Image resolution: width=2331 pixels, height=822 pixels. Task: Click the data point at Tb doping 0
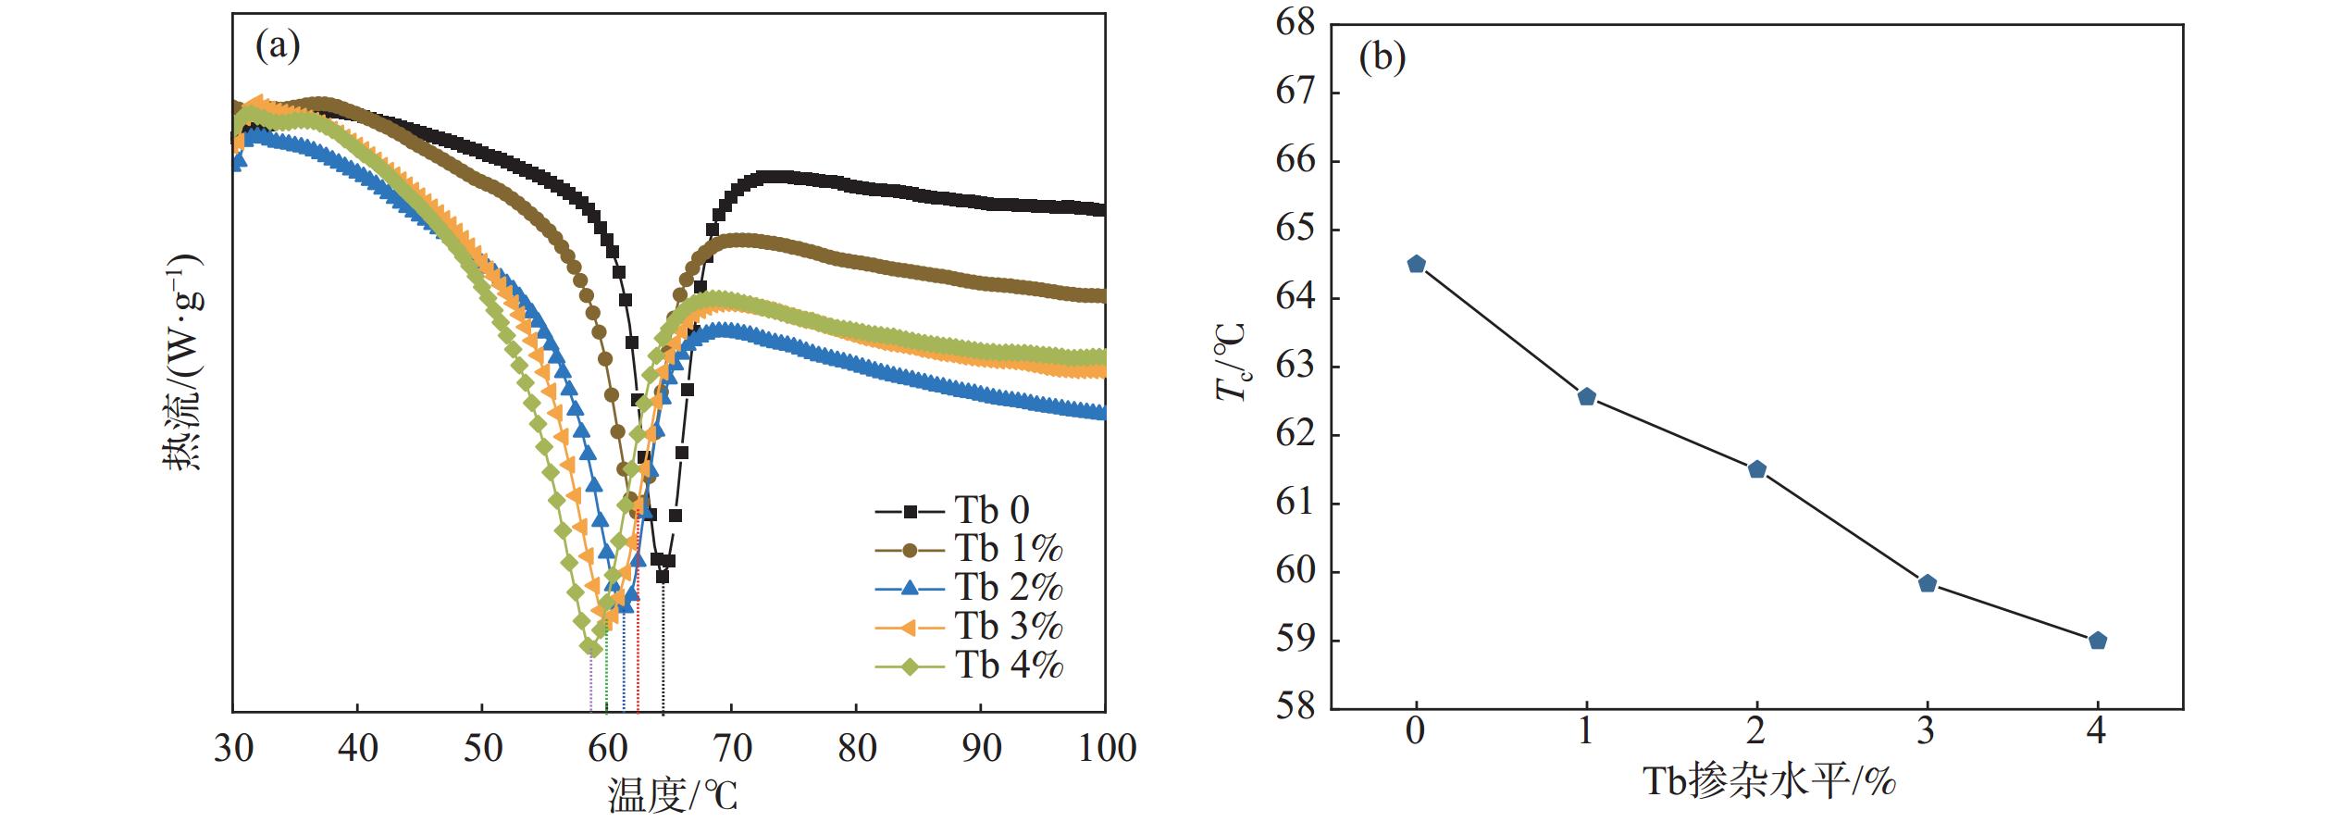(1416, 265)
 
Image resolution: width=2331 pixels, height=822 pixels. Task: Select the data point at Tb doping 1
(1586, 397)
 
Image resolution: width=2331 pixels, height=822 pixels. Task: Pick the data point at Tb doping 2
(1757, 469)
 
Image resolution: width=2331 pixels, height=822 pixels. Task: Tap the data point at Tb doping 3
(1928, 583)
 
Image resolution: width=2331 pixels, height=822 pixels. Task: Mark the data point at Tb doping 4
(2098, 641)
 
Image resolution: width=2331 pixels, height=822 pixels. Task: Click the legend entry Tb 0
(991, 510)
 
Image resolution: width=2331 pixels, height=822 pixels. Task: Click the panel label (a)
(278, 44)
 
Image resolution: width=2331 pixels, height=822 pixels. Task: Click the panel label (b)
(1382, 57)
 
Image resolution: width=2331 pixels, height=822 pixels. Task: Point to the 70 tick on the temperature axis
(732, 748)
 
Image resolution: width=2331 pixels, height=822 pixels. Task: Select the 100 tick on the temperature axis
(1107, 748)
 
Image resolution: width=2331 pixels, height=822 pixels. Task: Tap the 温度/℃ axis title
(673, 795)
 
